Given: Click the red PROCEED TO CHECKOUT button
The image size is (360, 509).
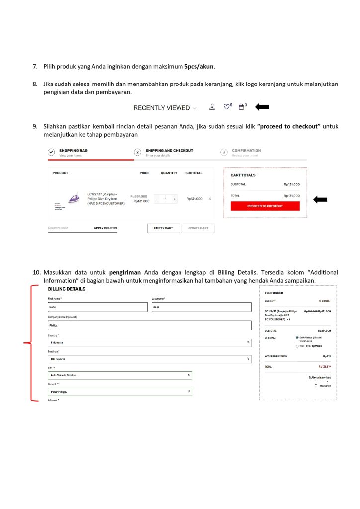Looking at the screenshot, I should pos(265,206).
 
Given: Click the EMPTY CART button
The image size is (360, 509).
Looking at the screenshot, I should pos(163,228).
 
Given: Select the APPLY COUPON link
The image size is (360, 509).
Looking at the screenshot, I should pos(105,228).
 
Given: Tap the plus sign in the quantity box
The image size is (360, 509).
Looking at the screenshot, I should pos(175,199).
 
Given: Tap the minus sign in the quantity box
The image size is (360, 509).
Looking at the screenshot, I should pos(157,199).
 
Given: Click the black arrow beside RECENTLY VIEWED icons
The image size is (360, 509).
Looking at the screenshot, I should pos(262,106).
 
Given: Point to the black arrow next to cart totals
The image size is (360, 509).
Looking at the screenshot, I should pos(320,200).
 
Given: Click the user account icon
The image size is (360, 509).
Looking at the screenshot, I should pos(212,107).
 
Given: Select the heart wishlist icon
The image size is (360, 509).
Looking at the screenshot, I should pos(227,107).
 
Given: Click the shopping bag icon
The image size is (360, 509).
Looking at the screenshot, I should pos(241,107).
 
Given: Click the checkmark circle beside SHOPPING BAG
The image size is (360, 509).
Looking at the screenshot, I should pos(51,152).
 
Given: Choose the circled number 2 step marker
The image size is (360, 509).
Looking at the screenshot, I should pos(138,152).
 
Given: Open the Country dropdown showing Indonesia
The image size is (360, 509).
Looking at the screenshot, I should pos(149,342).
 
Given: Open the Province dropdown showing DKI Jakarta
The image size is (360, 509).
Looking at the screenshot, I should pos(149,359).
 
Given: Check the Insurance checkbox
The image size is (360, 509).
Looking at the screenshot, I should pos(316,386).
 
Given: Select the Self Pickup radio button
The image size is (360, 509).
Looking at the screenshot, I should pos(297,337).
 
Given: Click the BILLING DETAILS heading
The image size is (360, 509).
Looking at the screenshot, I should pos(67,289).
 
